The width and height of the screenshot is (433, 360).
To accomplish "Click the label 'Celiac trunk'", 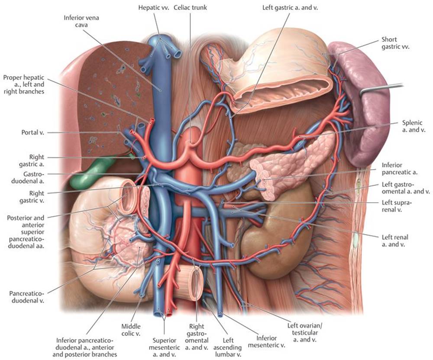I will click(x=190, y=8).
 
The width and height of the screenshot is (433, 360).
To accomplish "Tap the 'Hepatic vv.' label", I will click(x=153, y=8).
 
